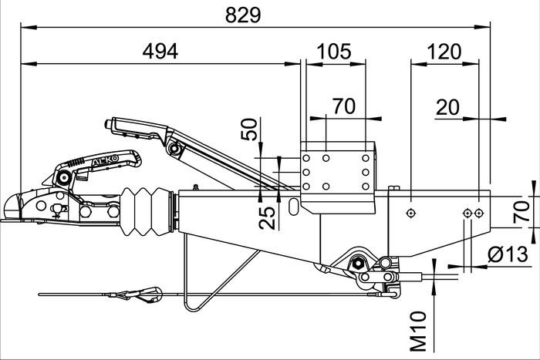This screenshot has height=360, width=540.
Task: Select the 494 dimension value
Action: (160, 51)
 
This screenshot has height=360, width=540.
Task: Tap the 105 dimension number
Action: (334, 51)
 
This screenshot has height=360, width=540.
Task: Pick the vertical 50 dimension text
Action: (248, 129)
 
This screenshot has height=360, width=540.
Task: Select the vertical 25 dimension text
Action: (266, 218)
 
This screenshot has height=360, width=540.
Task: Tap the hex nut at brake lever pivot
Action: (359, 264)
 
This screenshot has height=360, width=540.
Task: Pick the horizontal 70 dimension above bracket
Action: (344, 107)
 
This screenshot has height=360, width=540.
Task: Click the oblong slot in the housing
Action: (295, 206)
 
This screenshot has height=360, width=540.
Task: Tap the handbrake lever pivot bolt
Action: (175, 146)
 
